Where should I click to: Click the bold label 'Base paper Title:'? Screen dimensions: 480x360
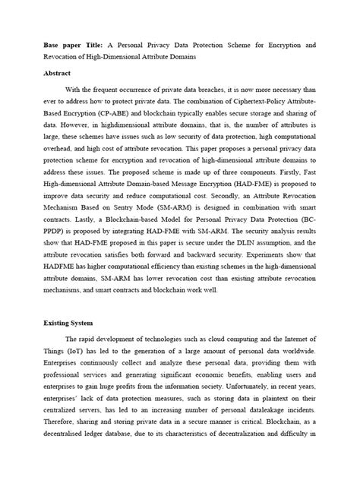pyautogui.click(x=64, y=46)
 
